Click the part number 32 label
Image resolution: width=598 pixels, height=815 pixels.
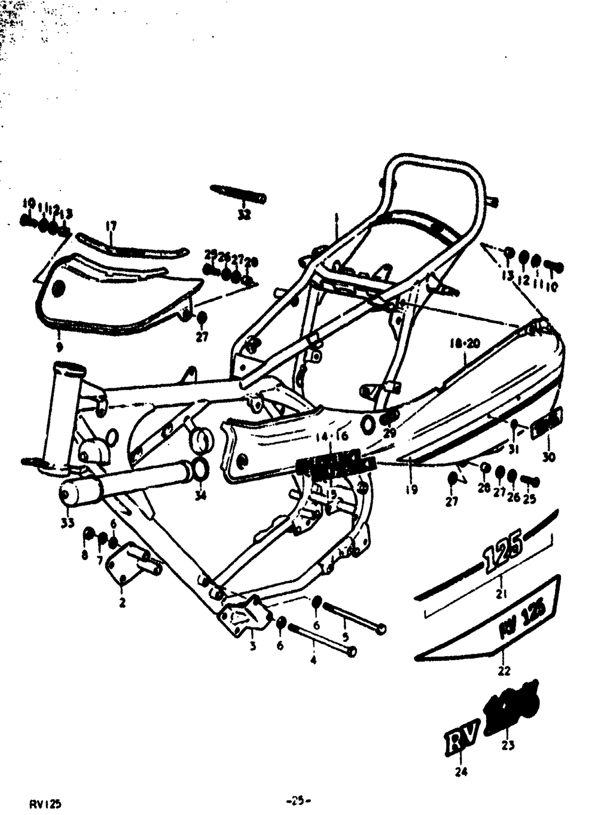(244, 215)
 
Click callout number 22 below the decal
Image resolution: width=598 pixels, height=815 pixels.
(504, 670)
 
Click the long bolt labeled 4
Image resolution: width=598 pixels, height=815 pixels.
(322, 638)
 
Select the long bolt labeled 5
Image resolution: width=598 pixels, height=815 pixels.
(355, 616)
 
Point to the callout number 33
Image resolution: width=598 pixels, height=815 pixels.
(68, 523)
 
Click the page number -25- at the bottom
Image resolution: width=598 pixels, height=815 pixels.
(300, 800)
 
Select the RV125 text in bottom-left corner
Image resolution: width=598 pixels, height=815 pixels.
(45, 804)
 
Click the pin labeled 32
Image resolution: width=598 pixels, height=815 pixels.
(238, 194)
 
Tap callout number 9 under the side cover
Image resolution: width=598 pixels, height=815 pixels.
(59, 347)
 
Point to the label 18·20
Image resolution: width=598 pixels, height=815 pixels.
(466, 344)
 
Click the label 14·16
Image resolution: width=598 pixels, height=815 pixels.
(333, 436)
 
